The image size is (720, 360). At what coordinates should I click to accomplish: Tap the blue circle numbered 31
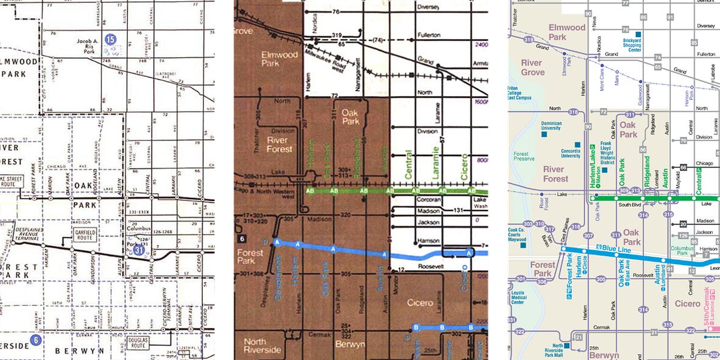pyautogui.click(x=139, y=250)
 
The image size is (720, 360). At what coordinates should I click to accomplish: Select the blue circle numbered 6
pyautogui.click(x=36, y=340)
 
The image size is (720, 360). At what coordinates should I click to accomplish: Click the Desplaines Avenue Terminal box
pyautogui.click(x=21, y=219)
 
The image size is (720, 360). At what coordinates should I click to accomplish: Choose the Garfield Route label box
pyautogui.click(x=83, y=232)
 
